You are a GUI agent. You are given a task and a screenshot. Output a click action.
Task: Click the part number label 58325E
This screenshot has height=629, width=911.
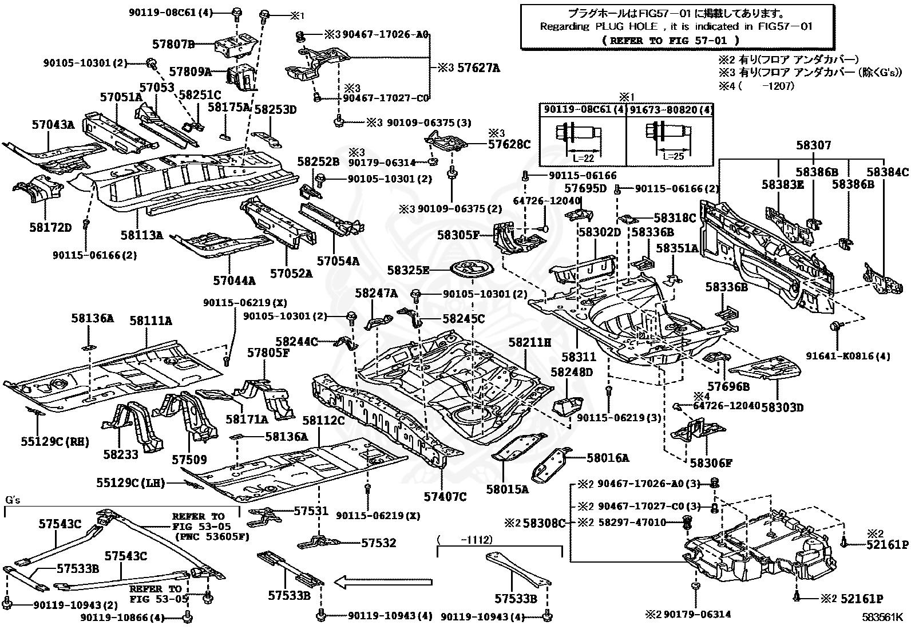[x=408, y=270]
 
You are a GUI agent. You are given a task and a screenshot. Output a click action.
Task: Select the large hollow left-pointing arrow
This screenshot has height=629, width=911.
[x=383, y=582]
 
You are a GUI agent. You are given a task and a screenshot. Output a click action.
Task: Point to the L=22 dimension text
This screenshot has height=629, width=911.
[x=583, y=158]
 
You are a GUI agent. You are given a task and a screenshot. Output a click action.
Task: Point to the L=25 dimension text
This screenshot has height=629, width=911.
[x=673, y=156]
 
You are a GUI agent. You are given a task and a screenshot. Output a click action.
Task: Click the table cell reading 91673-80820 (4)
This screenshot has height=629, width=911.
[x=670, y=110]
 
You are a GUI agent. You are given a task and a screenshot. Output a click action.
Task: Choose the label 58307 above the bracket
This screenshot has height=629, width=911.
[x=813, y=145]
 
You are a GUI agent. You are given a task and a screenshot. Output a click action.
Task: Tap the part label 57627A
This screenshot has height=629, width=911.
[x=478, y=68]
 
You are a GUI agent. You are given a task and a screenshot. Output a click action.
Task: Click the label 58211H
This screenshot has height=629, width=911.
[x=529, y=343]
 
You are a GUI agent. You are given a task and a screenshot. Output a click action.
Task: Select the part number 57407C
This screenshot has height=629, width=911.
[x=445, y=496]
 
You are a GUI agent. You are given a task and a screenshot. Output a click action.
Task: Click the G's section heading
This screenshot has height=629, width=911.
[x=13, y=500]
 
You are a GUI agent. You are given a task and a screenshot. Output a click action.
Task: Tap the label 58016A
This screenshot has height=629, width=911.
[x=608, y=458]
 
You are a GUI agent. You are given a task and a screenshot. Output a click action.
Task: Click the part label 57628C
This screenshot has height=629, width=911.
[x=509, y=144]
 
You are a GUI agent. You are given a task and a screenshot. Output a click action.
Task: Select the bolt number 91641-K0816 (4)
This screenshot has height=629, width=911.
[x=848, y=356]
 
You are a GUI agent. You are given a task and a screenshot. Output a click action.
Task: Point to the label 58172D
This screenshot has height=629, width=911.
[x=50, y=227]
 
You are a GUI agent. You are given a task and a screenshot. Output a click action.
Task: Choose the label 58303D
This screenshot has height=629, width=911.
[x=782, y=407]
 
